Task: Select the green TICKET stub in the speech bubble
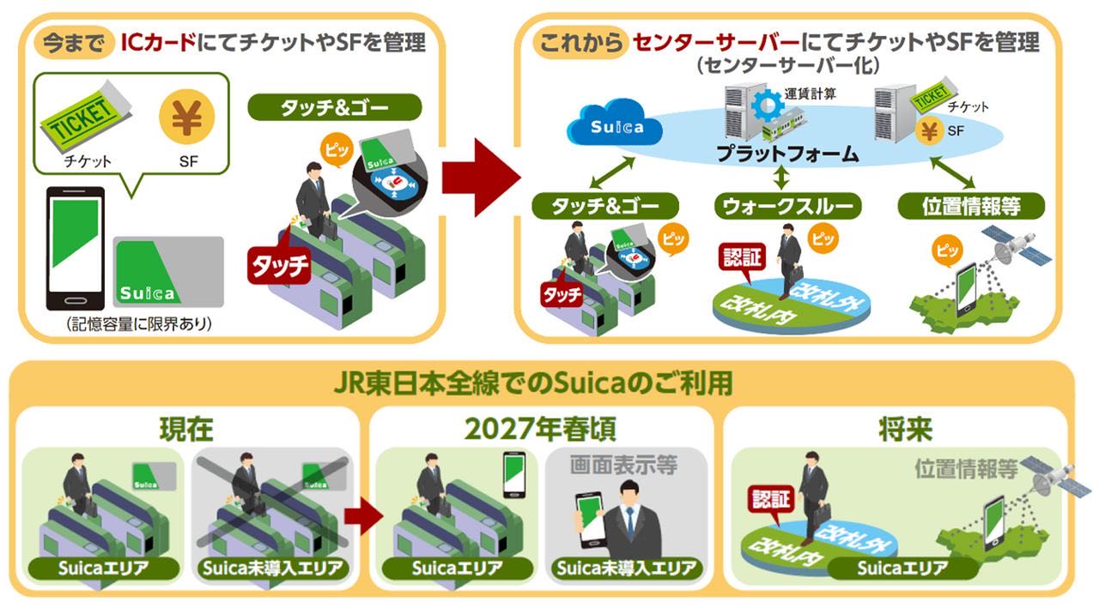pyautogui.click(x=84, y=122)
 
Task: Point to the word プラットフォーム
pyautogui.click(x=787, y=154)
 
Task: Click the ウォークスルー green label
pyautogui.click(x=787, y=206)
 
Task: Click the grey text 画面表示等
pyautogui.click(x=623, y=466)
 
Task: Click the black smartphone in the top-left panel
pyautogui.click(x=75, y=248)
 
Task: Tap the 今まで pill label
pyautogui.click(x=72, y=42)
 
